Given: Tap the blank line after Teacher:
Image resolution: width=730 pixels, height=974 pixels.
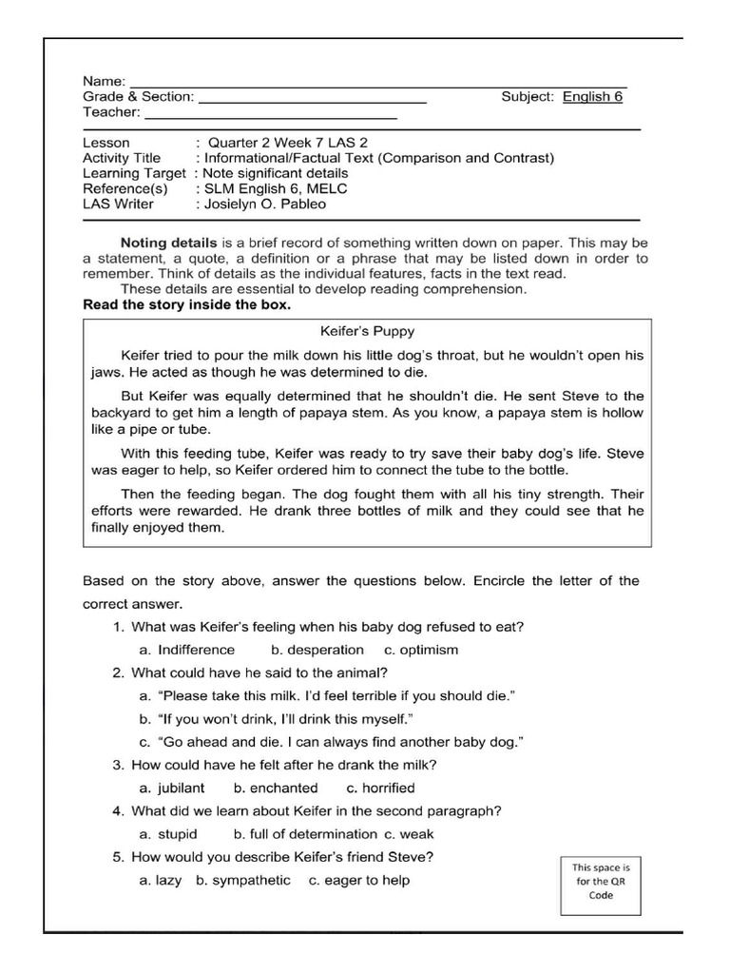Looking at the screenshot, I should [270, 115].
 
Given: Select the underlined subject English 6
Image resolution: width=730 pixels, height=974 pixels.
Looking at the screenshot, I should [592, 96].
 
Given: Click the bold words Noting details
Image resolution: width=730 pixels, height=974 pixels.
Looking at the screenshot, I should [169, 243].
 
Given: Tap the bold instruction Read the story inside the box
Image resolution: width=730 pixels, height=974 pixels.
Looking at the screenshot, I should [187, 305].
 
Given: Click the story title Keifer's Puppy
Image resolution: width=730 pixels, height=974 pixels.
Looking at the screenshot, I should [367, 333].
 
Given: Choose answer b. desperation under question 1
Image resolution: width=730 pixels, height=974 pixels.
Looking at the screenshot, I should [317, 650].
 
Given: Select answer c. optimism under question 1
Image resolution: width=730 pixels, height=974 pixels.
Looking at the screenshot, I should [421, 650].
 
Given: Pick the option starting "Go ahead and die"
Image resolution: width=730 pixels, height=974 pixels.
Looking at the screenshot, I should [332, 741].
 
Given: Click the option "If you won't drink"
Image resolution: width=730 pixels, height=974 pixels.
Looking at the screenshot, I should [277, 718].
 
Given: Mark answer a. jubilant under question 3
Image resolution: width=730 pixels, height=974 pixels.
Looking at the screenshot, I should [171, 788].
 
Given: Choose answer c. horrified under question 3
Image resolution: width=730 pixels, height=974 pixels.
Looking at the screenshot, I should [380, 788].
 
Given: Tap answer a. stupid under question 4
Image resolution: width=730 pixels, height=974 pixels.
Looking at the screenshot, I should [168, 834].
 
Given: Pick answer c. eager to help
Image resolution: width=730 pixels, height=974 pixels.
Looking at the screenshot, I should [358, 880].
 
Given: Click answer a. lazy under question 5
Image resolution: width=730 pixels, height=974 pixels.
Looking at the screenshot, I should [160, 880].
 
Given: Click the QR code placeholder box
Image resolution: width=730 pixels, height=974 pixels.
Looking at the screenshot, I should [600, 883].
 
